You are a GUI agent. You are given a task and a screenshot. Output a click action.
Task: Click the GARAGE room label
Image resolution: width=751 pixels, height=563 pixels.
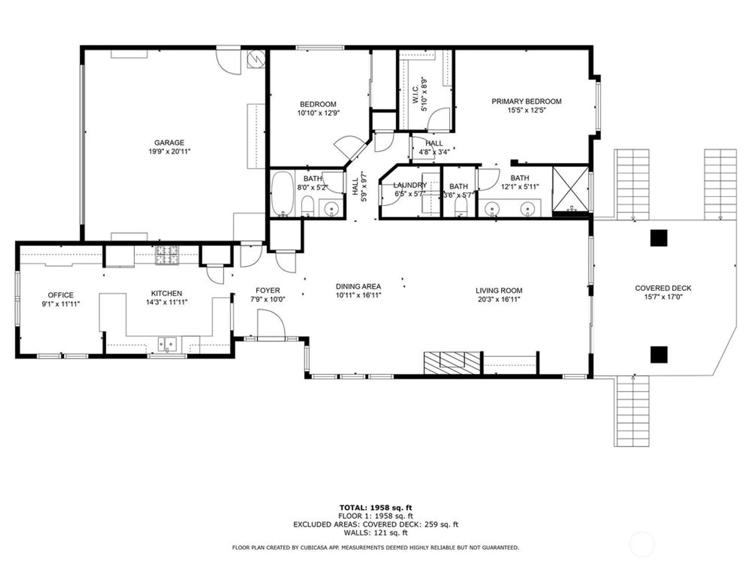(x=169, y=143)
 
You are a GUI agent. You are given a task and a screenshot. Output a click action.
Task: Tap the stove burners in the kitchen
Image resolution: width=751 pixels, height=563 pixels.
(x=167, y=255)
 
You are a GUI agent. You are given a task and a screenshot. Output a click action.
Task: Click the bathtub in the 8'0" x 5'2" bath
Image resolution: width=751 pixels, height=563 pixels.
(x=282, y=193)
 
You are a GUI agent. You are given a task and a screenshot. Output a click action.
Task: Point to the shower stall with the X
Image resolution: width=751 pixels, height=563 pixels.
(x=570, y=189)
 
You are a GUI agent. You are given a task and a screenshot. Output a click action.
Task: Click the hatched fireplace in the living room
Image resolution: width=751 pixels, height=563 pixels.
(x=452, y=363)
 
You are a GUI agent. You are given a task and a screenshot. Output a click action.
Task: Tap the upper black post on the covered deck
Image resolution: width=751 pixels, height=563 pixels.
(x=659, y=238)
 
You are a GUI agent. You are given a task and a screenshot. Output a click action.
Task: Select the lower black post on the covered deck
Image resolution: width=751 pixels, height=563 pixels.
(x=659, y=354)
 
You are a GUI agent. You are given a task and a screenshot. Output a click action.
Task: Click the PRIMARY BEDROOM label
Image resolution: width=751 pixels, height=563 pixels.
(x=526, y=101)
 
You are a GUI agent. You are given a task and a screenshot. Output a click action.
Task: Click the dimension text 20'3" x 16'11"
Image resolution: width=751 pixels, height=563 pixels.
(x=499, y=300)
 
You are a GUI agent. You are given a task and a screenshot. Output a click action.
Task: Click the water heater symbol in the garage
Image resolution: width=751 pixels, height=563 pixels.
(x=256, y=59)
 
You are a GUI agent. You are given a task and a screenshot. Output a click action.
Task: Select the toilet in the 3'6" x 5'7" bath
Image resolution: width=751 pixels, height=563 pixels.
(x=461, y=206)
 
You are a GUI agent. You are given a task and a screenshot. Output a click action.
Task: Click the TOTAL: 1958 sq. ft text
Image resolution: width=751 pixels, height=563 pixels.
(x=375, y=508)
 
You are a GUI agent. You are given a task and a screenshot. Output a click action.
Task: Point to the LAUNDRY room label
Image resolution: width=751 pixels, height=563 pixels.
(x=410, y=185)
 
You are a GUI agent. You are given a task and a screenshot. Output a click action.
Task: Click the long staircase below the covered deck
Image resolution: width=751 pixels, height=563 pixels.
(x=632, y=411)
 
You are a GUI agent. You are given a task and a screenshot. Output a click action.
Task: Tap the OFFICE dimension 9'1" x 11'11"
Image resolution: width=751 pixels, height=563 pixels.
(x=60, y=304)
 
